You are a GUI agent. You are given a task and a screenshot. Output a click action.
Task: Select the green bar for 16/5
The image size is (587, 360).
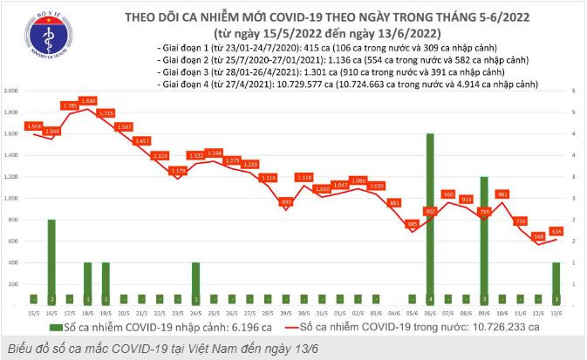(x=52, y=261)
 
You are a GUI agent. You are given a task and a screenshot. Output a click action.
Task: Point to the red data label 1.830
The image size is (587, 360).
(x=88, y=101)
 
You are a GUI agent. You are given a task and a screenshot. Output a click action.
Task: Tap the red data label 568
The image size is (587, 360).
(x=539, y=235)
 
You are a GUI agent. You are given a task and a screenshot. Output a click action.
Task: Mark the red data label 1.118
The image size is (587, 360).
(x=304, y=177)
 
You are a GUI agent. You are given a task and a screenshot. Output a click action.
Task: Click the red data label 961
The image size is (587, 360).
(x=502, y=194)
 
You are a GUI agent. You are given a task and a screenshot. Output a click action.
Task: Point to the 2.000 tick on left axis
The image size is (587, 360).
(x=12, y=91)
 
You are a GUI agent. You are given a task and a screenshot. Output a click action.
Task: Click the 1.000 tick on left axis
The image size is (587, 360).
(x=12, y=198)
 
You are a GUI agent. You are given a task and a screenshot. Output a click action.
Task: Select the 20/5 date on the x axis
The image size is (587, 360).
(x=124, y=311)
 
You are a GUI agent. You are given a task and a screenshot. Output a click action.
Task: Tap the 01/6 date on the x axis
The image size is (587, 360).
(x=340, y=311)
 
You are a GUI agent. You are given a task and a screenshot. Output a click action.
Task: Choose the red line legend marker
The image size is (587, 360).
(x=293, y=327)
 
